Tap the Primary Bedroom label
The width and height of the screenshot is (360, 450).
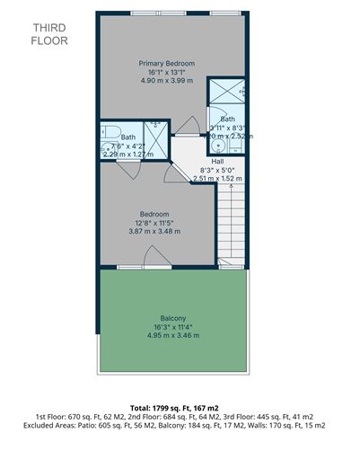(x=167, y=64)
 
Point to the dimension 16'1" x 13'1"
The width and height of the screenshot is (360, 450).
(x=167, y=72)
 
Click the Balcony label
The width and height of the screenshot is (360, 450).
(x=173, y=319)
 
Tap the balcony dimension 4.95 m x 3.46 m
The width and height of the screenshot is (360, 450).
(x=173, y=335)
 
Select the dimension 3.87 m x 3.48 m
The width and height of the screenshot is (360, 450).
(x=154, y=231)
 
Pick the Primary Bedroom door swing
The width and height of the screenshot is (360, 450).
(x=189, y=126)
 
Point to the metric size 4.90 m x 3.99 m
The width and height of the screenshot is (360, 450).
(x=167, y=81)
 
